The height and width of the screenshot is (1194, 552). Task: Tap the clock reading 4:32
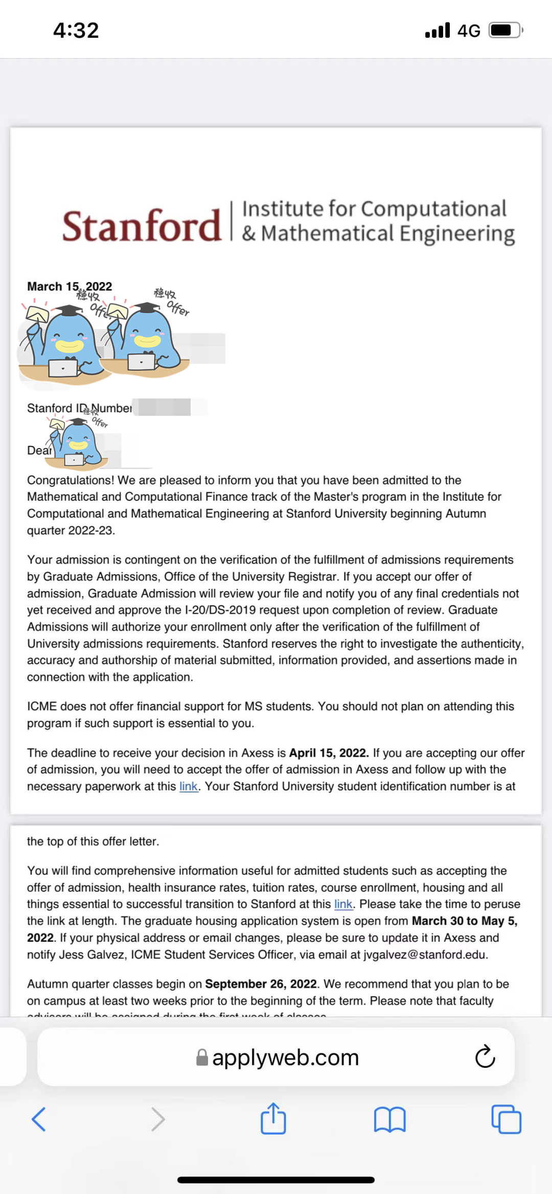point(76,31)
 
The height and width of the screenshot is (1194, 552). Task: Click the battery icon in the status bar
point(505,31)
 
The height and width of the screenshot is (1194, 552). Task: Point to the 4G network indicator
point(468,31)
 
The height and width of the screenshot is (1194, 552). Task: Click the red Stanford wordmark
point(142,226)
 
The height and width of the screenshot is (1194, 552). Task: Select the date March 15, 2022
point(70,287)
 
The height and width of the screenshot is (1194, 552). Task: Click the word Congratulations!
point(71,480)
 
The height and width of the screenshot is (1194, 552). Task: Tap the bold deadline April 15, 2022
point(329,753)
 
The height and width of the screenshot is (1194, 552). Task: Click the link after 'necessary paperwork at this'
point(188,786)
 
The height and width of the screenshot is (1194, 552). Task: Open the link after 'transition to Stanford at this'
point(343,904)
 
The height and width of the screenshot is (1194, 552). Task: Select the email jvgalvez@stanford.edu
point(425,955)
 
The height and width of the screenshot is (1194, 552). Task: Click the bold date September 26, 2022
point(261,984)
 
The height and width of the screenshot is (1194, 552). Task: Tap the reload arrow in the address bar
point(485,1057)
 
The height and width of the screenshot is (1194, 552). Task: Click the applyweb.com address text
point(285,1058)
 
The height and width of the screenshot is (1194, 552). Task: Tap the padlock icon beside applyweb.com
point(202,1058)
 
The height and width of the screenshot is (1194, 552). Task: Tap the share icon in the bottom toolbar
point(273,1119)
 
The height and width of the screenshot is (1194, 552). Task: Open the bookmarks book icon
point(389,1119)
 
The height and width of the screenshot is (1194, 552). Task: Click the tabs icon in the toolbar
point(506,1119)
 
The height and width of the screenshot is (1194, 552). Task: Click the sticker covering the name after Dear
point(77,443)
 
